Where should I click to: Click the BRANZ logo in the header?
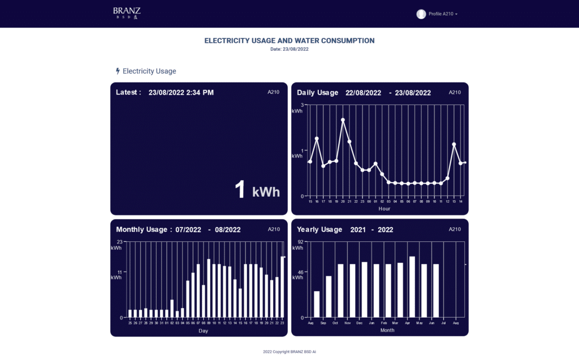pos(127,12)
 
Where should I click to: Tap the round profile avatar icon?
pos(421,14)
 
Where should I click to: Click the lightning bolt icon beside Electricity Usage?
pos(118,71)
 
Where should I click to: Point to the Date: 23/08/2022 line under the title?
pos(289,49)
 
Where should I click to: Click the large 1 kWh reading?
pos(257,190)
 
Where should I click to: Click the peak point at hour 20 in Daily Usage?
pos(343,120)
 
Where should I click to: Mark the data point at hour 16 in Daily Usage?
pos(317,138)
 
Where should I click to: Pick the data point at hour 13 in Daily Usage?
pos(454,144)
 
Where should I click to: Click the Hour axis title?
pos(384,209)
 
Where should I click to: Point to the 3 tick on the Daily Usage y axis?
pos(303,105)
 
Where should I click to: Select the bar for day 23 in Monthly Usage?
pos(283,287)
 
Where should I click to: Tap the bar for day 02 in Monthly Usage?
pos(172,309)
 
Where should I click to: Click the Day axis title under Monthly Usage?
pos(204,331)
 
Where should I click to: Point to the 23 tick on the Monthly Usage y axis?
pos(120,242)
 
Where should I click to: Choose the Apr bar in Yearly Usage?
pos(412,287)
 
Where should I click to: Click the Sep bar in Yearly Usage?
pos(329,297)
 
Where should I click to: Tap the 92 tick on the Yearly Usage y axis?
pos(301,242)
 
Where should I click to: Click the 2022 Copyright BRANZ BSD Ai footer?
pos(289,352)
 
